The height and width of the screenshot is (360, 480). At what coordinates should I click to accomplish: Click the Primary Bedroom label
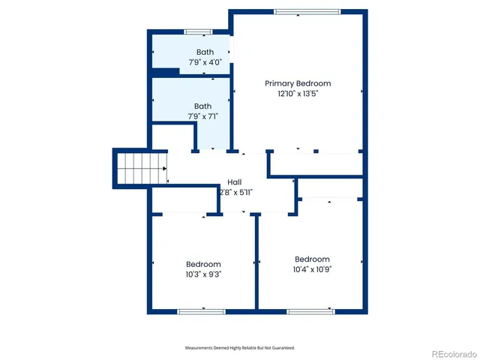coord(297,83)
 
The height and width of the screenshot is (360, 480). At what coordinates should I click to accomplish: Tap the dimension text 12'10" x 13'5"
coord(297,94)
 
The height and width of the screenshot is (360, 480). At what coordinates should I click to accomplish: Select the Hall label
coord(235,182)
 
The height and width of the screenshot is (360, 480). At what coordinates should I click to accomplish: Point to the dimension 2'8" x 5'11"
coord(235,193)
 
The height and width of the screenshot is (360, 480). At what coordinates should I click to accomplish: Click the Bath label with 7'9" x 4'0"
coord(204,52)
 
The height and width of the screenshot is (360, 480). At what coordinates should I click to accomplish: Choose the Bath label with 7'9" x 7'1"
coord(202,106)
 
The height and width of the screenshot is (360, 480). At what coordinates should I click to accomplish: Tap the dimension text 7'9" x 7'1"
coord(202,116)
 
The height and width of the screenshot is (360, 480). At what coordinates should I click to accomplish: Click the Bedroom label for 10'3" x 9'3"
coord(203,264)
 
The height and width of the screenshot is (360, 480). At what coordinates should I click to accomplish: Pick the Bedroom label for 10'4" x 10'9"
coord(311,259)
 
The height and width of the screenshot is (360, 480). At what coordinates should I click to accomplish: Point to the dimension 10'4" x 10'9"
coord(311,269)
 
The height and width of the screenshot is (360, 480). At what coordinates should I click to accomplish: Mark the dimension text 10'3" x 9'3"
coord(203,274)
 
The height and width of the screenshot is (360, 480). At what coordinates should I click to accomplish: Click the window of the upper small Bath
coord(198,31)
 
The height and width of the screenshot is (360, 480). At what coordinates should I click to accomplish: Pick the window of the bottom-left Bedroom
coord(201,310)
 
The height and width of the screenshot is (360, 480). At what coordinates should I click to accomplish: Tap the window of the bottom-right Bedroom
coord(310,310)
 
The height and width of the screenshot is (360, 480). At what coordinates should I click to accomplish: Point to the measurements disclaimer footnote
coord(240,348)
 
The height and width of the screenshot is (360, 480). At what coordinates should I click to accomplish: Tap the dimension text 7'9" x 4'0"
coord(204,62)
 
